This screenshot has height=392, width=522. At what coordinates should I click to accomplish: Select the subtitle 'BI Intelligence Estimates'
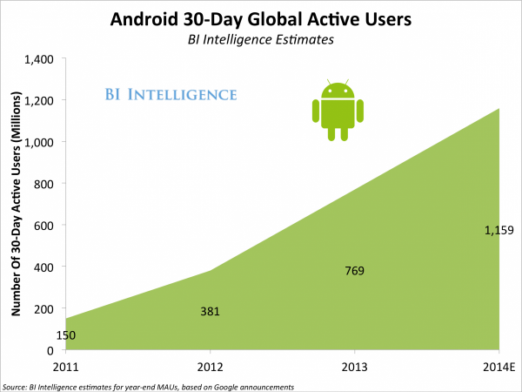point(262,39)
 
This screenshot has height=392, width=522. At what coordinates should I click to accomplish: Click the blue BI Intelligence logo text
point(164,93)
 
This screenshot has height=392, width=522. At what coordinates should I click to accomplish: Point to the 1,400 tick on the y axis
point(39,58)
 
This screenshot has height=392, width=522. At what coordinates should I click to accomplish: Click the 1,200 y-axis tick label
point(39,100)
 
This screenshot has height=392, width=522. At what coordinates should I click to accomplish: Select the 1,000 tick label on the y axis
point(39,142)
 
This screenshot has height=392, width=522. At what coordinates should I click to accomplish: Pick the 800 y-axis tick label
point(44,184)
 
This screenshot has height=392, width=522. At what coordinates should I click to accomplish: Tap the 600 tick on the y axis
point(44,226)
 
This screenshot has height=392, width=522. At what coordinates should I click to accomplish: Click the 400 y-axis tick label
point(44,267)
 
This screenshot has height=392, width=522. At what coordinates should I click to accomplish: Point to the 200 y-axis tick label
point(44,309)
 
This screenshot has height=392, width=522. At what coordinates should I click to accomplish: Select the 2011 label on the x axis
point(66,366)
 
